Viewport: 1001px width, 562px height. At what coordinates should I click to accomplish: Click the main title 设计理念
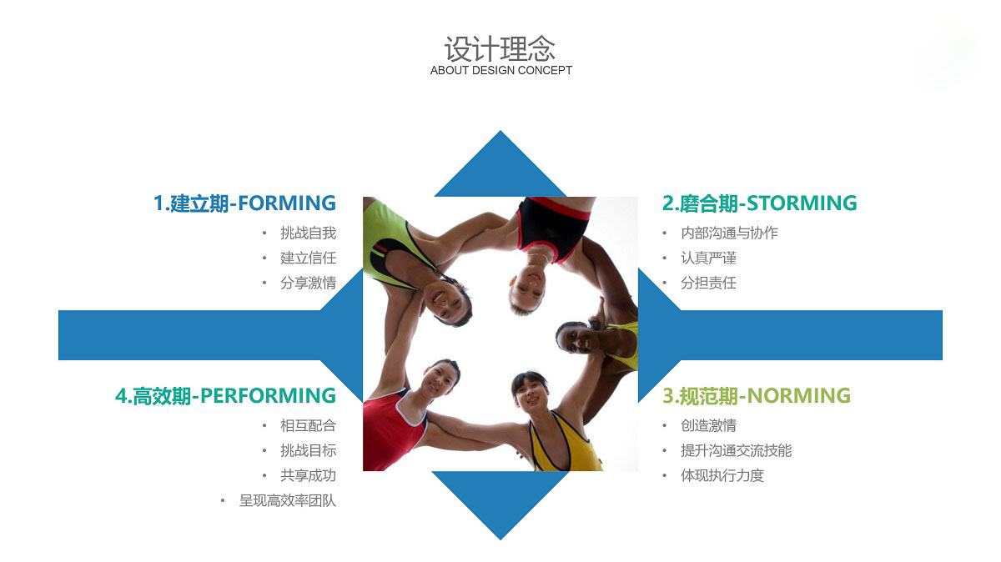500,48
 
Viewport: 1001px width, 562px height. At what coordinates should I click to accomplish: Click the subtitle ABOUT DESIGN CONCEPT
501,71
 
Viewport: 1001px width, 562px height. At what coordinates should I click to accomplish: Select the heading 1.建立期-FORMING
244,203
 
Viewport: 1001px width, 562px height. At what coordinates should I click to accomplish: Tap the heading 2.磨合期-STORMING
759,203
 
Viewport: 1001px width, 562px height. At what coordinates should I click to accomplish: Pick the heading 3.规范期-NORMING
756,396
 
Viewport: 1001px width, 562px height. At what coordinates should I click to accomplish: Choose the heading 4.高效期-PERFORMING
226,396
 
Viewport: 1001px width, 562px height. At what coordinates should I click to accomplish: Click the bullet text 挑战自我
309,233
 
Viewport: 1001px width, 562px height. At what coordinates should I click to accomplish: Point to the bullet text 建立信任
309,258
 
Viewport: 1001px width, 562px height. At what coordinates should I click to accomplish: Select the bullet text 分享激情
309,284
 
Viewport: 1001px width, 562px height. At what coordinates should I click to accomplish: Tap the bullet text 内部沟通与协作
729,233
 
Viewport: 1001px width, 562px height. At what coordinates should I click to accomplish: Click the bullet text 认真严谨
708,258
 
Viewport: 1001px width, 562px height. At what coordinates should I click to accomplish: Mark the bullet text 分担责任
708,284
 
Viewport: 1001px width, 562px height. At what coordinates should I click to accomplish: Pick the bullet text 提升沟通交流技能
736,451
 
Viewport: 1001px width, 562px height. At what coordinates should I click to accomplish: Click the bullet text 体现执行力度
722,476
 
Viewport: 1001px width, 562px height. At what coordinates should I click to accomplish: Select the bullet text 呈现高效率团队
288,501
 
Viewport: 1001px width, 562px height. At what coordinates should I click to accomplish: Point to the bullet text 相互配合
309,426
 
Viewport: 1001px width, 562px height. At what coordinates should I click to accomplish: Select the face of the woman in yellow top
531,395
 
